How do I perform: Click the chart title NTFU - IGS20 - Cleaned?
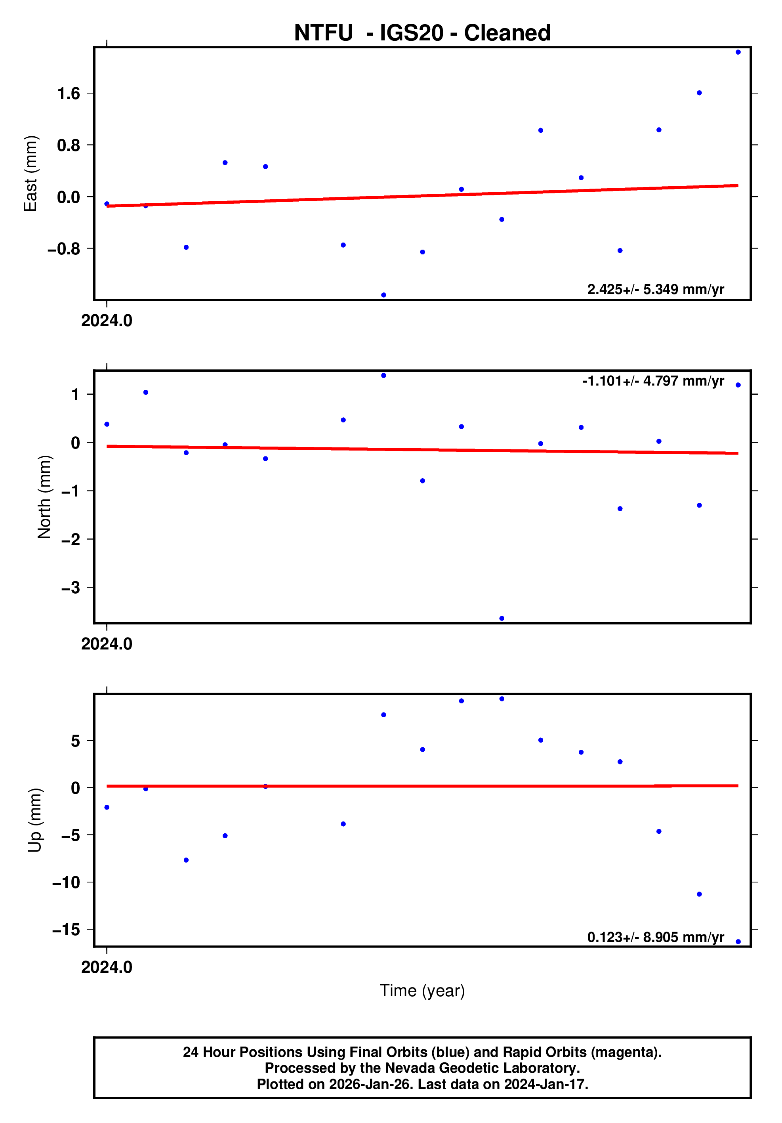(x=422, y=33)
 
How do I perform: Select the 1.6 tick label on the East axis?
(x=69, y=94)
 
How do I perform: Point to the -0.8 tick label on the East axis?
(x=63, y=249)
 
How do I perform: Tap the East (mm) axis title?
(x=31, y=174)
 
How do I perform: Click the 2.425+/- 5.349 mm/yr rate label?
(x=655, y=290)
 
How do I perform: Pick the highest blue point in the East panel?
(x=738, y=52)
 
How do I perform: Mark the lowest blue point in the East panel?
(x=383, y=295)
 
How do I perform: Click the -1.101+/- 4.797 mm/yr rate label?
(x=653, y=381)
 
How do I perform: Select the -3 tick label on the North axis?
(x=71, y=587)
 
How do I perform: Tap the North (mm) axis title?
(x=44, y=497)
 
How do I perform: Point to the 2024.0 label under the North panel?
(x=107, y=644)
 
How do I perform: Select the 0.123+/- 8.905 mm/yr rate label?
(x=655, y=938)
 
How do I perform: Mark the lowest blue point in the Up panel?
(x=738, y=942)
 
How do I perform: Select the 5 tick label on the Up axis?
(x=75, y=741)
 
